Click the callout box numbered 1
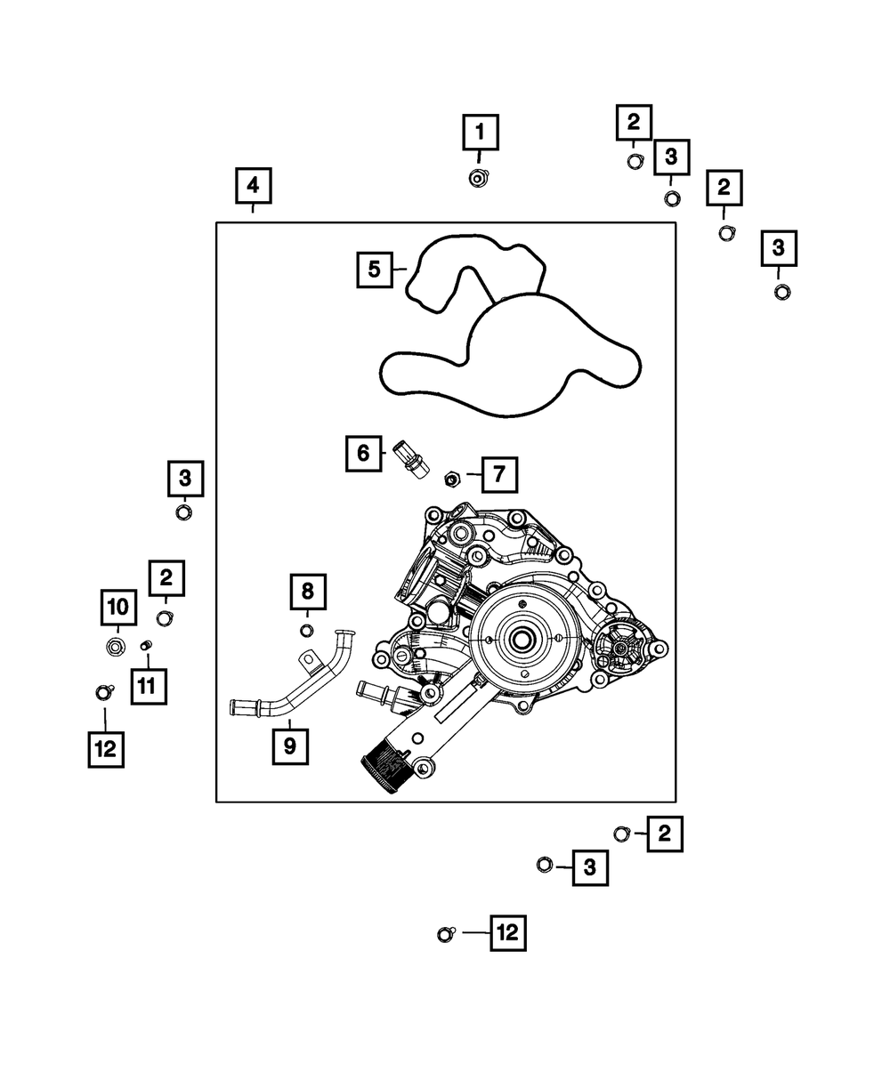point(480,133)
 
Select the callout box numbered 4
point(254,186)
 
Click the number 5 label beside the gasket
point(375,269)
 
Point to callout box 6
point(363,454)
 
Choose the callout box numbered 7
point(499,475)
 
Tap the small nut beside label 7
point(451,480)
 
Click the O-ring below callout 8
point(306,631)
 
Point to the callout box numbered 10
point(117,608)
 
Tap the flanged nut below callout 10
point(115,645)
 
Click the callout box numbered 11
point(148,685)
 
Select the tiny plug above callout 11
point(147,645)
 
